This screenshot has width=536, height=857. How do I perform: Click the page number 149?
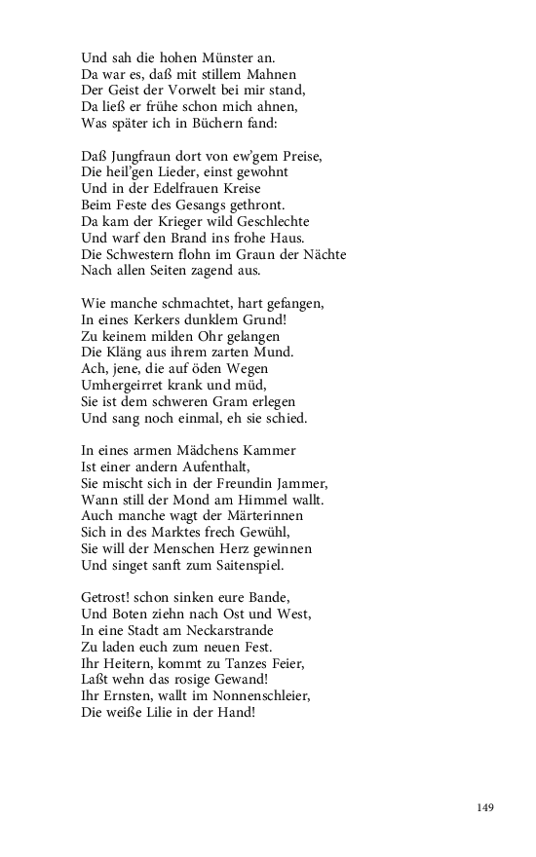click(x=486, y=807)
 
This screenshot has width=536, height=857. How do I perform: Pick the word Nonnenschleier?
click(x=261, y=697)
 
